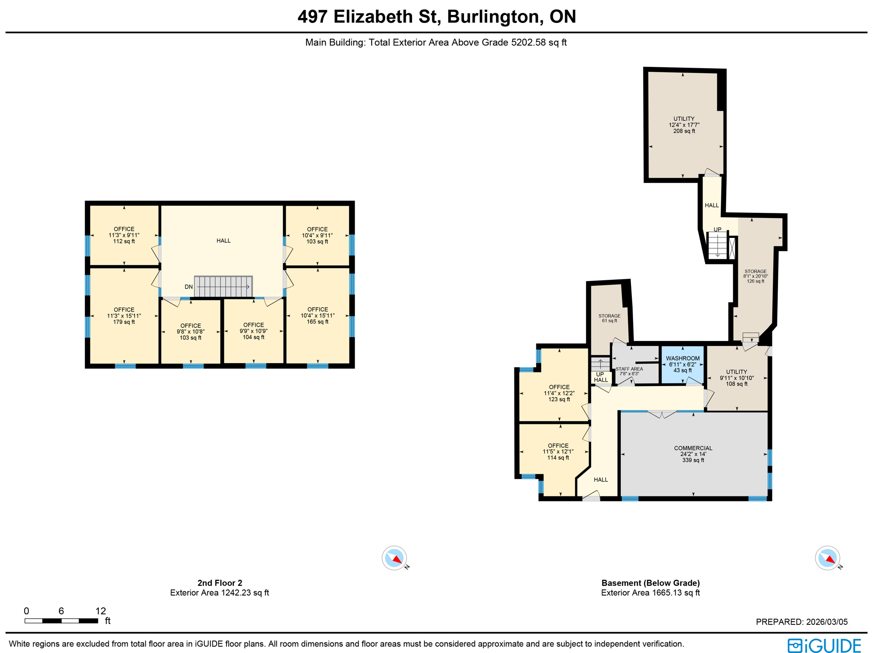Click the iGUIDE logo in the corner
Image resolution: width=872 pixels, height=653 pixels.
point(824,645)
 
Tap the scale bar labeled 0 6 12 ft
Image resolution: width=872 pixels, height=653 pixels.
point(61,621)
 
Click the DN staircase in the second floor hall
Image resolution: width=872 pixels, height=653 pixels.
point(223,286)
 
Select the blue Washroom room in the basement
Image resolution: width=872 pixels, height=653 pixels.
point(682,364)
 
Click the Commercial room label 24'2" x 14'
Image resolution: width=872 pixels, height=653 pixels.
point(693,454)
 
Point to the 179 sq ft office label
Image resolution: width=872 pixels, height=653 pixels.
point(124,316)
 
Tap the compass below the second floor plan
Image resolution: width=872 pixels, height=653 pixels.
point(394,558)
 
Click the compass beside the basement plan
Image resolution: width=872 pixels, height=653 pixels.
point(827,558)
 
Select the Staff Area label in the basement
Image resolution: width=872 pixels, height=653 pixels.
point(629,371)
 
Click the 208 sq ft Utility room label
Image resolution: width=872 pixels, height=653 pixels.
point(684,125)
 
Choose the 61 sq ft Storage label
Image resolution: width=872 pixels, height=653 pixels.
point(609,318)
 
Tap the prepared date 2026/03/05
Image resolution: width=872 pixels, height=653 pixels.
point(801,622)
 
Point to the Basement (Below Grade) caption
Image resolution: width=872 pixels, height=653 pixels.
point(650,583)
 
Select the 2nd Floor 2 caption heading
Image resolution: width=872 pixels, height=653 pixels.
point(220,583)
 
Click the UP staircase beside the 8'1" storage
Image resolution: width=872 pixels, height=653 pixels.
point(717,245)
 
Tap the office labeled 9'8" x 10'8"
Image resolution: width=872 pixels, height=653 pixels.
point(190,332)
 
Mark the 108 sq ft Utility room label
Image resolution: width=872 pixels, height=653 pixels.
point(736,378)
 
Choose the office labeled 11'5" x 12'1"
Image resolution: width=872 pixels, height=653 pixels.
point(558,452)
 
